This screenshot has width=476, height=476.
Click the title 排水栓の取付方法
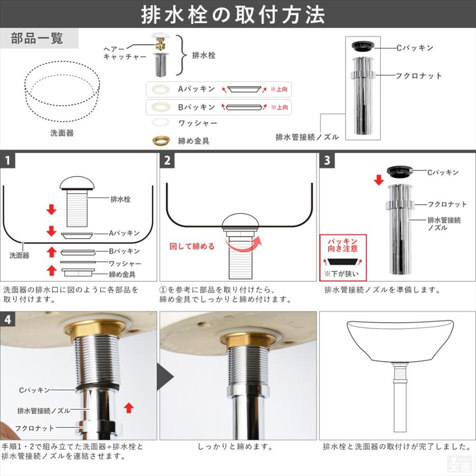[233, 15]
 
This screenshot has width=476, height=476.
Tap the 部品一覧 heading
[37, 39]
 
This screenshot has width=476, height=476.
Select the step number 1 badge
[7, 160]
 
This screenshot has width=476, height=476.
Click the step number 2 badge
[167, 160]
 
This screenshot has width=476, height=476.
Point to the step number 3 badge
[327, 160]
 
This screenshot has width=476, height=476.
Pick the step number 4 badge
[7, 319]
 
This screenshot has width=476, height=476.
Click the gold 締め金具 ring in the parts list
[161, 141]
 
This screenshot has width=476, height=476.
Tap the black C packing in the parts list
[363, 46]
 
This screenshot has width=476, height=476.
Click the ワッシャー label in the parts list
[198, 123]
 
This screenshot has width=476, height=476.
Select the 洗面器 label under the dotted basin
[62, 133]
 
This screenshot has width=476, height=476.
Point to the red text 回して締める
[192, 246]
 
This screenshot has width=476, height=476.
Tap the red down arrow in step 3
[379, 180]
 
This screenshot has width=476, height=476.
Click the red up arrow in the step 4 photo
[129, 408]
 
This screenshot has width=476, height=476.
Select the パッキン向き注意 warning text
[342, 245]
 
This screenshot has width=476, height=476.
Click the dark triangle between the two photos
[165, 377]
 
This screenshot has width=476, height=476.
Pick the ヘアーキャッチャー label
[125, 53]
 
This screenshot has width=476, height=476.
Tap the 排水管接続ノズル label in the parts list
[307, 137]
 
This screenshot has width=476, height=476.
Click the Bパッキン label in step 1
[124, 251]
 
